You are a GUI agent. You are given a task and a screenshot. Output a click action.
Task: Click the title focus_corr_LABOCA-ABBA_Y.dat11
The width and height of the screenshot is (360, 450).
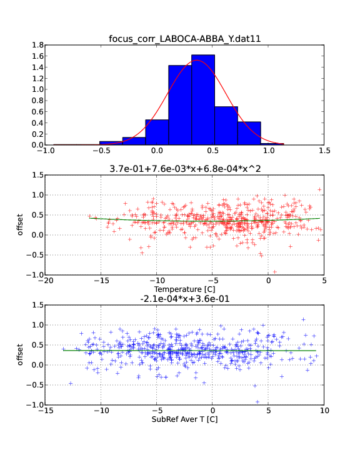[184, 39]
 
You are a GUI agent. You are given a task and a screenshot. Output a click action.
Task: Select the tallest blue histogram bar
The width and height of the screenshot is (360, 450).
[203, 100]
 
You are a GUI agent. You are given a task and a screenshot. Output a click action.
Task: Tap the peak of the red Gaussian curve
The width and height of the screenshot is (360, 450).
[197, 60]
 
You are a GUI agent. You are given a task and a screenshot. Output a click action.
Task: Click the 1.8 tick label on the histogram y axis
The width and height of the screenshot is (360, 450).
[37, 45]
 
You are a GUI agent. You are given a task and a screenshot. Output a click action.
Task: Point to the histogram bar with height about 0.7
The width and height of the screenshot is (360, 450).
[226, 126]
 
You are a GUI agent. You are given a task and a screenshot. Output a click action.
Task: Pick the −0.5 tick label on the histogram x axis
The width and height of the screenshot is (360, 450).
[101, 151]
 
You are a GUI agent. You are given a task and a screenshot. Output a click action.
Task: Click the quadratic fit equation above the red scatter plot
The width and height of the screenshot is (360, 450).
[185, 169]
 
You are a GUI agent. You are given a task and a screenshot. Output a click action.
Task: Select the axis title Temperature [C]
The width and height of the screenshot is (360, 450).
[184, 289]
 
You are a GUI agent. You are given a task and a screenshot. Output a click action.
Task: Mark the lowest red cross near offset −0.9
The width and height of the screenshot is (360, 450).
[275, 272]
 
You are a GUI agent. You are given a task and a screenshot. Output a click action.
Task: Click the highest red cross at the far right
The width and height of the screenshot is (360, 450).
[319, 189]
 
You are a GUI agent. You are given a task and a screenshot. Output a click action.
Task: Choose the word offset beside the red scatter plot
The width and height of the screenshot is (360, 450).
[20, 225]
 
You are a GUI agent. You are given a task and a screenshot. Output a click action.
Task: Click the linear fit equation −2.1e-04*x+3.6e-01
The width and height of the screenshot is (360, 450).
[185, 299]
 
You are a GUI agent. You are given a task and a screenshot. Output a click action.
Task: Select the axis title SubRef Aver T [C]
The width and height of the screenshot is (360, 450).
[184, 419]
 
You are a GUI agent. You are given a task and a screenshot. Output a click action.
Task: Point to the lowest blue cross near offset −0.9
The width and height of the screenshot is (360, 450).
[257, 402]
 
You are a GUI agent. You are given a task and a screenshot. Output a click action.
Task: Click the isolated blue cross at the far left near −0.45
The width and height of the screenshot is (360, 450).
[71, 383]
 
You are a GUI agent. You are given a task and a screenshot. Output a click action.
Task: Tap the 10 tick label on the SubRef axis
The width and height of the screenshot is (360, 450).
[324, 411]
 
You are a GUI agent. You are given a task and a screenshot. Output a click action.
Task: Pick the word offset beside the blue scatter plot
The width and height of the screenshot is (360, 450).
[20, 355]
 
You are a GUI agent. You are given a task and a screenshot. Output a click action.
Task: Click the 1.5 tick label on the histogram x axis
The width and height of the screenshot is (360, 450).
[324, 151]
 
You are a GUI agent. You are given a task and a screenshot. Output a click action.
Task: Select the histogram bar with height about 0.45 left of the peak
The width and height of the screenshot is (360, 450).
[157, 132]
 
